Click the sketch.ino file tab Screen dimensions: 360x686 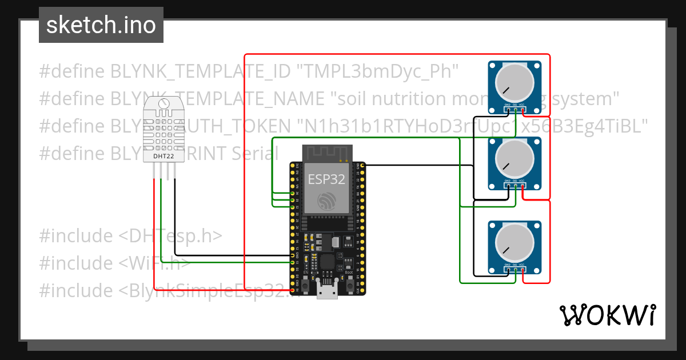point(101,25)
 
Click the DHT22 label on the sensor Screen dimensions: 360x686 point(164,155)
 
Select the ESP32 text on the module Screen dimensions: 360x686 point(326,179)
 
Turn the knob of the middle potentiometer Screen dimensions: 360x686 point(514,159)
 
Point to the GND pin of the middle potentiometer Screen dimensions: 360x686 point(507,184)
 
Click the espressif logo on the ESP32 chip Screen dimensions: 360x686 point(327,200)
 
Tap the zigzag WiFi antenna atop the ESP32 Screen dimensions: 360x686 point(326,153)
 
